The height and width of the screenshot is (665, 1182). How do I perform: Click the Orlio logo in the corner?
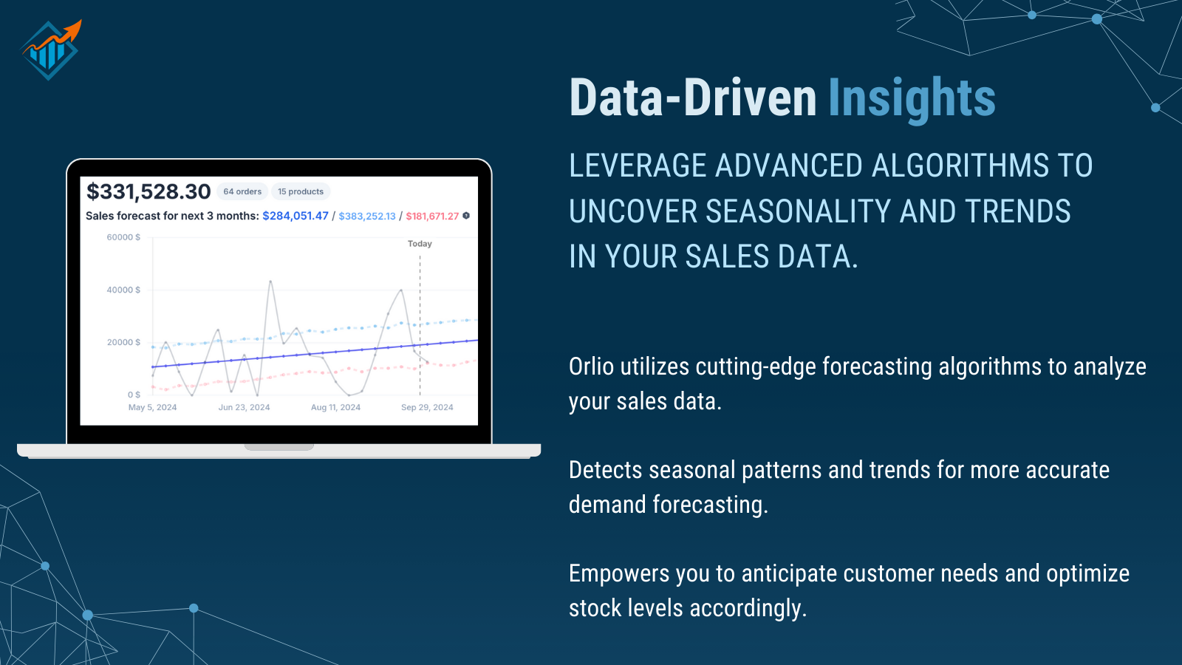(50, 50)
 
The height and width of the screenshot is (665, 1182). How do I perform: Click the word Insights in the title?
(911, 98)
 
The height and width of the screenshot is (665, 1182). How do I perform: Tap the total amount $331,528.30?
(148, 192)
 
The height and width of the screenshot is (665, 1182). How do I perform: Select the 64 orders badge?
(242, 192)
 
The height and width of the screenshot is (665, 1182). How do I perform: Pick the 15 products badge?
(301, 192)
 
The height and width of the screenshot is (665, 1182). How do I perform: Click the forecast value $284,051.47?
(295, 216)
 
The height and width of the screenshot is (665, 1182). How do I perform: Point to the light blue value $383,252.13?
(367, 216)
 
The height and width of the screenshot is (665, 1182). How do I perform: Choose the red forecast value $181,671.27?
(432, 216)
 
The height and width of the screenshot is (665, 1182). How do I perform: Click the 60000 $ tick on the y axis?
(123, 237)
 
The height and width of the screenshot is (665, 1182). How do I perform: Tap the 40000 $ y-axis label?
(123, 290)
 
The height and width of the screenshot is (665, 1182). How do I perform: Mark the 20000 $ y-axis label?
(123, 342)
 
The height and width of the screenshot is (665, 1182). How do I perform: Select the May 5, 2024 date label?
(152, 407)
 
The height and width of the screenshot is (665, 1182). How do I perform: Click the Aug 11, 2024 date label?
(335, 407)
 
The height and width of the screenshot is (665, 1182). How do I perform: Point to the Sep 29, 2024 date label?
(427, 407)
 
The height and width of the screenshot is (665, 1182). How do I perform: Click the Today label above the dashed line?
(420, 244)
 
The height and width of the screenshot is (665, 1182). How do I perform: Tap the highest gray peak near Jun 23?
(270, 282)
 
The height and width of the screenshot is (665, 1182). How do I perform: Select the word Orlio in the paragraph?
(591, 366)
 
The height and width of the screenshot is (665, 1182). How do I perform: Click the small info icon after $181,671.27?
(466, 216)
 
